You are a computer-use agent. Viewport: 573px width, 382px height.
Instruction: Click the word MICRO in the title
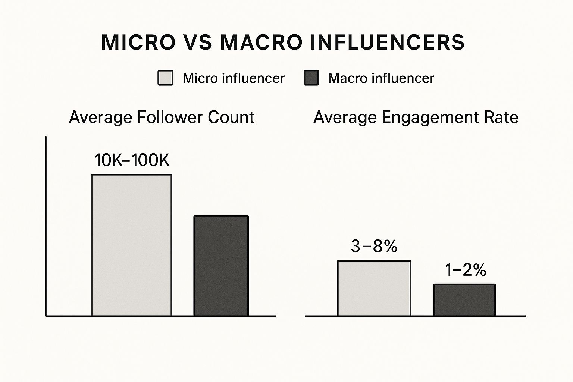tap(138, 42)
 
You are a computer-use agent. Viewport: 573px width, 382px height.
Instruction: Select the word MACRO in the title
tap(261, 42)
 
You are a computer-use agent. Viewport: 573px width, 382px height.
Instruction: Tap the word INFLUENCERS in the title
tap(388, 42)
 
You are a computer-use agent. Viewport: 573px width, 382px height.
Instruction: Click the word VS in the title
tap(198, 42)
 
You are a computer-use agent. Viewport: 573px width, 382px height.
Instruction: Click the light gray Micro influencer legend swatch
tap(165, 78)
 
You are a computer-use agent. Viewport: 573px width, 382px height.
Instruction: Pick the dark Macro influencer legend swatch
tap(311, 78)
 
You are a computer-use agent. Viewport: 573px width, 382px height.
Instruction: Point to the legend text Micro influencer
tap(233, 78)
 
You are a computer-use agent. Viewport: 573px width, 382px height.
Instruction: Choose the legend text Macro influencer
tap(381, 78)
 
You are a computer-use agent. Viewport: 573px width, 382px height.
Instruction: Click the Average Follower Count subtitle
tap(162, 118)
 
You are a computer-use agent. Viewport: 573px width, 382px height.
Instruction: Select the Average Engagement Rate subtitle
tap(416, 118)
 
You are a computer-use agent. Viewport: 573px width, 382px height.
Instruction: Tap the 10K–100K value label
tap(132, 160)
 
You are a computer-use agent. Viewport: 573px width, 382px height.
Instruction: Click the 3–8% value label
tap(374, 246)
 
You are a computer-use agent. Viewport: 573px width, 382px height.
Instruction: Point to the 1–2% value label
tap(466, 270)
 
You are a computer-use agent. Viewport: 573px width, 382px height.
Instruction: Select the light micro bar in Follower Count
tap(132, 245)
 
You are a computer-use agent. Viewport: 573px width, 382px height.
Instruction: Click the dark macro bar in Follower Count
tap(221, 266)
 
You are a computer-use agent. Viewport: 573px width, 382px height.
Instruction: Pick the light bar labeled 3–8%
tap(374, 288)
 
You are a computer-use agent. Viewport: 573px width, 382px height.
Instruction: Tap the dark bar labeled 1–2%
tap(464, 300)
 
